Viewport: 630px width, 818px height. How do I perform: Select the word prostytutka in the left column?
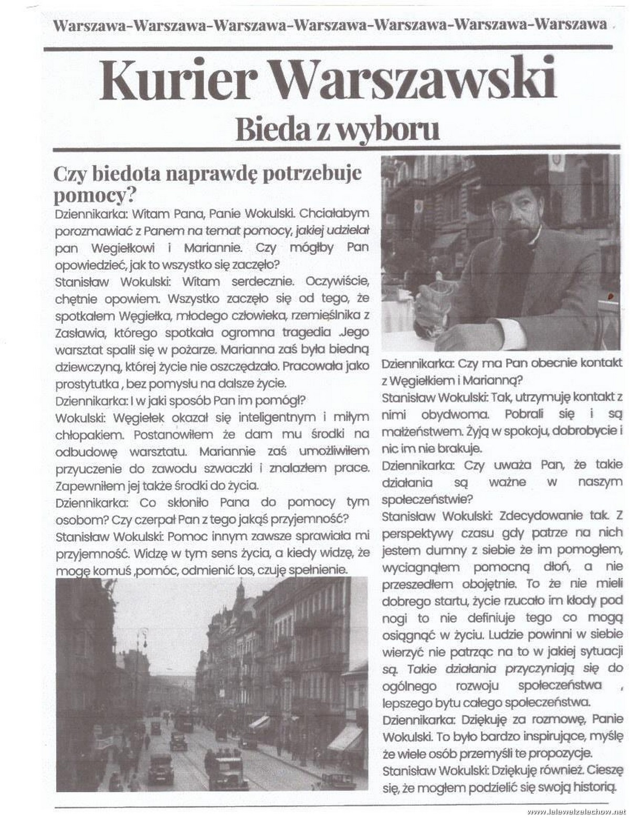coord(87,383)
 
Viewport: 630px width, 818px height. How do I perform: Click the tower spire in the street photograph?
coord(240,590)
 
